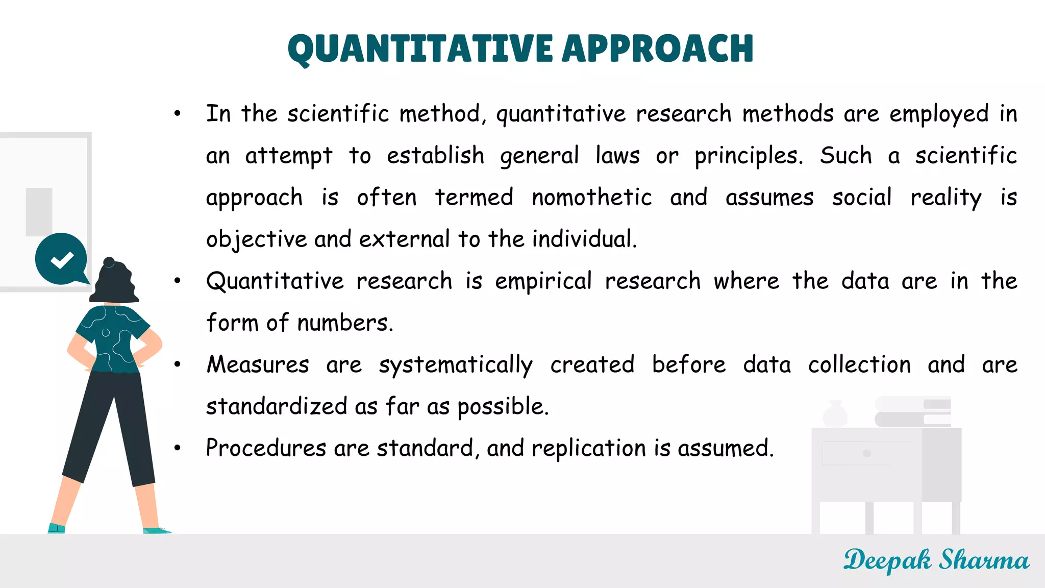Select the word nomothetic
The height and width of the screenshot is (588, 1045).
click(x=591, y=198)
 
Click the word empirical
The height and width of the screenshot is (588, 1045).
click(x=543, y=281)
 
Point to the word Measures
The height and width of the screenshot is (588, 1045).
click(x=258, y=365)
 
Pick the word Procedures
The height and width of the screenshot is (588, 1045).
click(x=266, y=448)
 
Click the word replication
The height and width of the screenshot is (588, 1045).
click(x=589, y=448)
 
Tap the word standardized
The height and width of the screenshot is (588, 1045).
click(x=277, y=407)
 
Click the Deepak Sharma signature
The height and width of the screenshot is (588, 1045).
click(x=936, y=560)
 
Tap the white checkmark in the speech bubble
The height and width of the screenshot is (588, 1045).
click(x=62, y=260)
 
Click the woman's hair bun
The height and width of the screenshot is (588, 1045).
click(x=109, y=262)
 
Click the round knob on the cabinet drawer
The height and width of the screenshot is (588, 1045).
click(x=867, y=453)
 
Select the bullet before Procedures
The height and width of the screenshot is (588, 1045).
click(x=177, y=448)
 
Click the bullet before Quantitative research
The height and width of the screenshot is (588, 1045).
click(x=177, y=281)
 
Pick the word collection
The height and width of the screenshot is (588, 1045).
click(x=859, y=365)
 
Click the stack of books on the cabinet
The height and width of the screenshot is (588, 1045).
click(x=913, y=412)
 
